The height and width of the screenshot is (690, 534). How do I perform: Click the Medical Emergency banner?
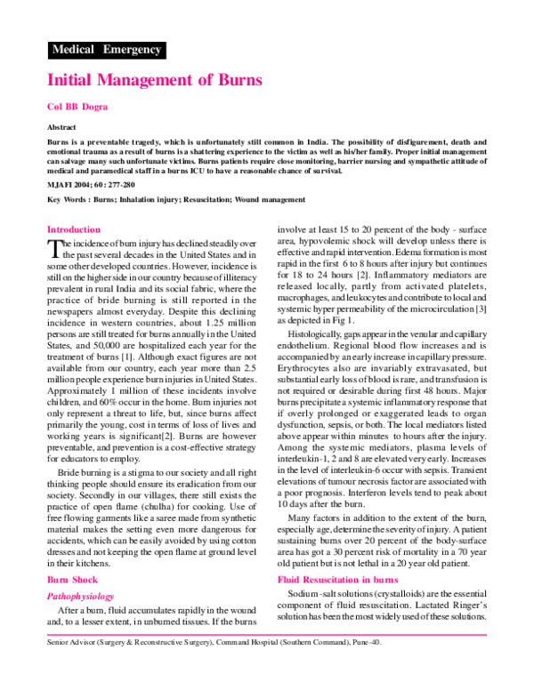pos(106,50)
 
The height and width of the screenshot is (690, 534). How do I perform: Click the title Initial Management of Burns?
pos(154,80)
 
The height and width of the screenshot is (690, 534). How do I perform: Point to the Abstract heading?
pos(61,127)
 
